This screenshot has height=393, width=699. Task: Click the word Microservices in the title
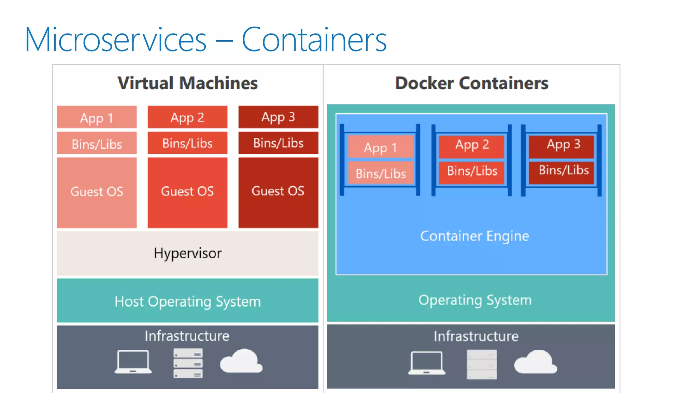pyautogui.click(x=115, y=40)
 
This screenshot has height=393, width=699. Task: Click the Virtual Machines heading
pyautogui.click(x=187, y=83)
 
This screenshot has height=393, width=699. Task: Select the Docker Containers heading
pyautogui.click(x=471, y=83)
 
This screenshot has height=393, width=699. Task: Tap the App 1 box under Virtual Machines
pyautogui.click(x=97, y=117)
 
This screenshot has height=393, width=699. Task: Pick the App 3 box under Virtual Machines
pyautogui.click(x=278, y=117)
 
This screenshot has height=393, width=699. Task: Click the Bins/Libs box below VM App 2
pyautogui.click(x=187, y=143)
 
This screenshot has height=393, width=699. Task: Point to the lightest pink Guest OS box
pyautogui.click(x=97, y=192)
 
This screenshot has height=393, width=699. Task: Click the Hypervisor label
pyautogui.click(x=187, y=253)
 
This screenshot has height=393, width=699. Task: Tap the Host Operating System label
pyautogui.click(x=187, y=301)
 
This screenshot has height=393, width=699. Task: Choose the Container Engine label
pyautogui.click(x=474, y=236)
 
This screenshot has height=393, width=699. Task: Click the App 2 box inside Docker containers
pyautogui.click(x=472, y=145)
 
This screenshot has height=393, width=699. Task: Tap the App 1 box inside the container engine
pyautogui.click(x=380, y=147)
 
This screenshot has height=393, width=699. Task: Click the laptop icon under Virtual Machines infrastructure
pyautogui.click(x=133, y=362)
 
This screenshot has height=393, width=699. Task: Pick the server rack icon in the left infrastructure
pyautogui.click(x=188, y=363)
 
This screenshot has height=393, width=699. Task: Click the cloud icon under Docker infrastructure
pyautogui.click(x=535, y=362)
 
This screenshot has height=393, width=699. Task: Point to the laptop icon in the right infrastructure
pyautogui.click(x=427, y=363)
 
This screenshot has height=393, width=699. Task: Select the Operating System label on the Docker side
pyautogui.click(x=475, y=300)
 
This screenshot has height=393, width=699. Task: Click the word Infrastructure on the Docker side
pyautogui.click(x=476, y=336)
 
